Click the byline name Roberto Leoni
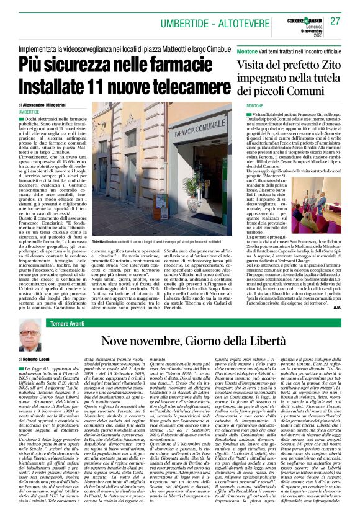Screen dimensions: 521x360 40,359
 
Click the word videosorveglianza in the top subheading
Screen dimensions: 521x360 101,47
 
